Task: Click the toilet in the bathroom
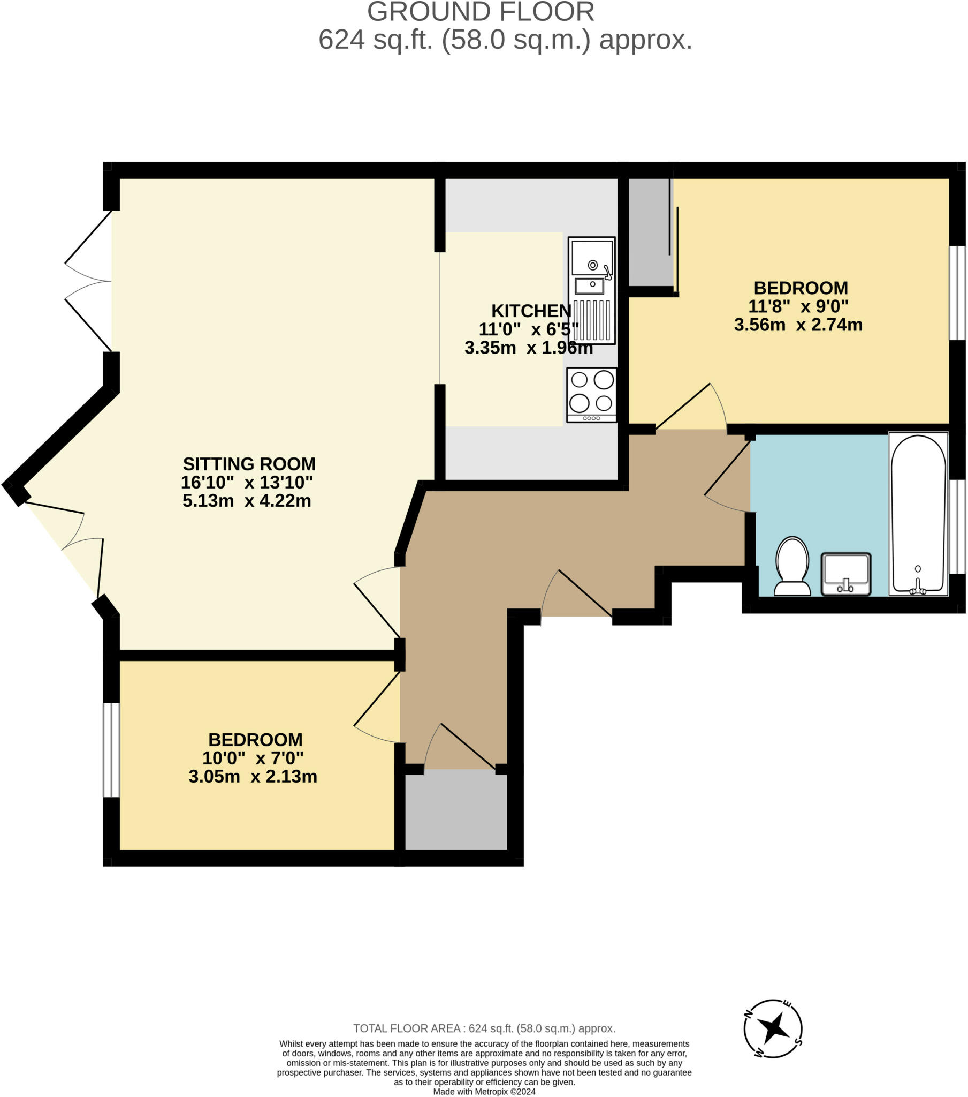pyautogui.click(x=792, y=567)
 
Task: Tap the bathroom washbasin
pyautogui.click(x=845, y=574)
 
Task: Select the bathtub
pyautogui.click(x=918, y=514)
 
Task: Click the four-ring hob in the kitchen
pyautogui.click(x=591, y=394)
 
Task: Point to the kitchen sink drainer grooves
pyautogui.click(x=592, y=320)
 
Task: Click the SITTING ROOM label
pyautogui.click(x=249, y=464)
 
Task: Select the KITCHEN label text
pyautogui.click(x=531, y=311)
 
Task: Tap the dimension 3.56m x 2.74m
pyautogui.click(x=797, y=325)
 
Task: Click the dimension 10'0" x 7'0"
pyautogui.click(x=253, y=758)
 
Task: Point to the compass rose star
pyautogui.click(x=773, y=1029)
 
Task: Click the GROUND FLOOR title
pyautogui.click(x=481, y=12)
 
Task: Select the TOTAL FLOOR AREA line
pyautogui.click(x=484, y=1028)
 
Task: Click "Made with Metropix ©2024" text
pyautogui.click(x=484, y=1091)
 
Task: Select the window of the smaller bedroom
pyautogui.click(x=111, y=750)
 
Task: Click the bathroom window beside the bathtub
pyautogui.click(x=957, y=527)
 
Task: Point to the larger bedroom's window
pyautogui.click(x=957, y=293)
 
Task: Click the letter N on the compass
pyautogui.click(x=748, y=1013)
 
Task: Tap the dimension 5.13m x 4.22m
pyautogui.click(x=247, y=501)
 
